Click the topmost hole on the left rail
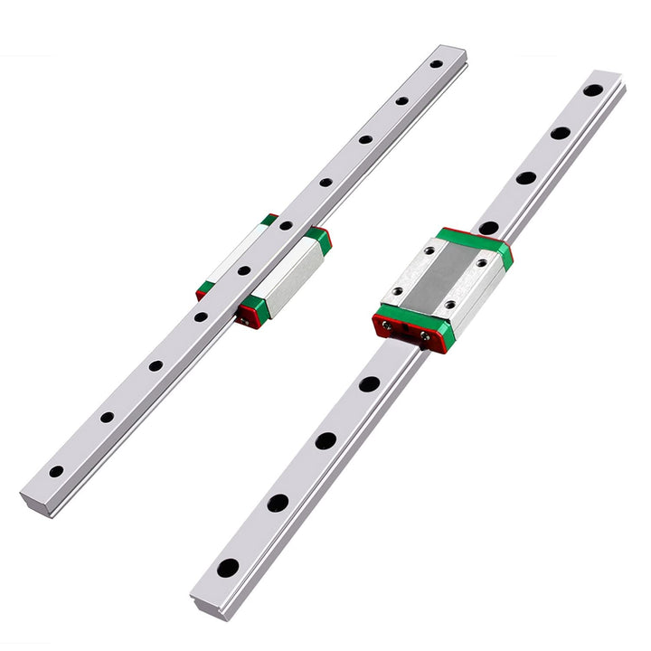436,64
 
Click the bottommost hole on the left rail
56,471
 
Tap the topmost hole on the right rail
592,90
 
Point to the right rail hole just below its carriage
369,383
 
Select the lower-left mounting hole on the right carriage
396,291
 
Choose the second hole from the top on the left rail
401,100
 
